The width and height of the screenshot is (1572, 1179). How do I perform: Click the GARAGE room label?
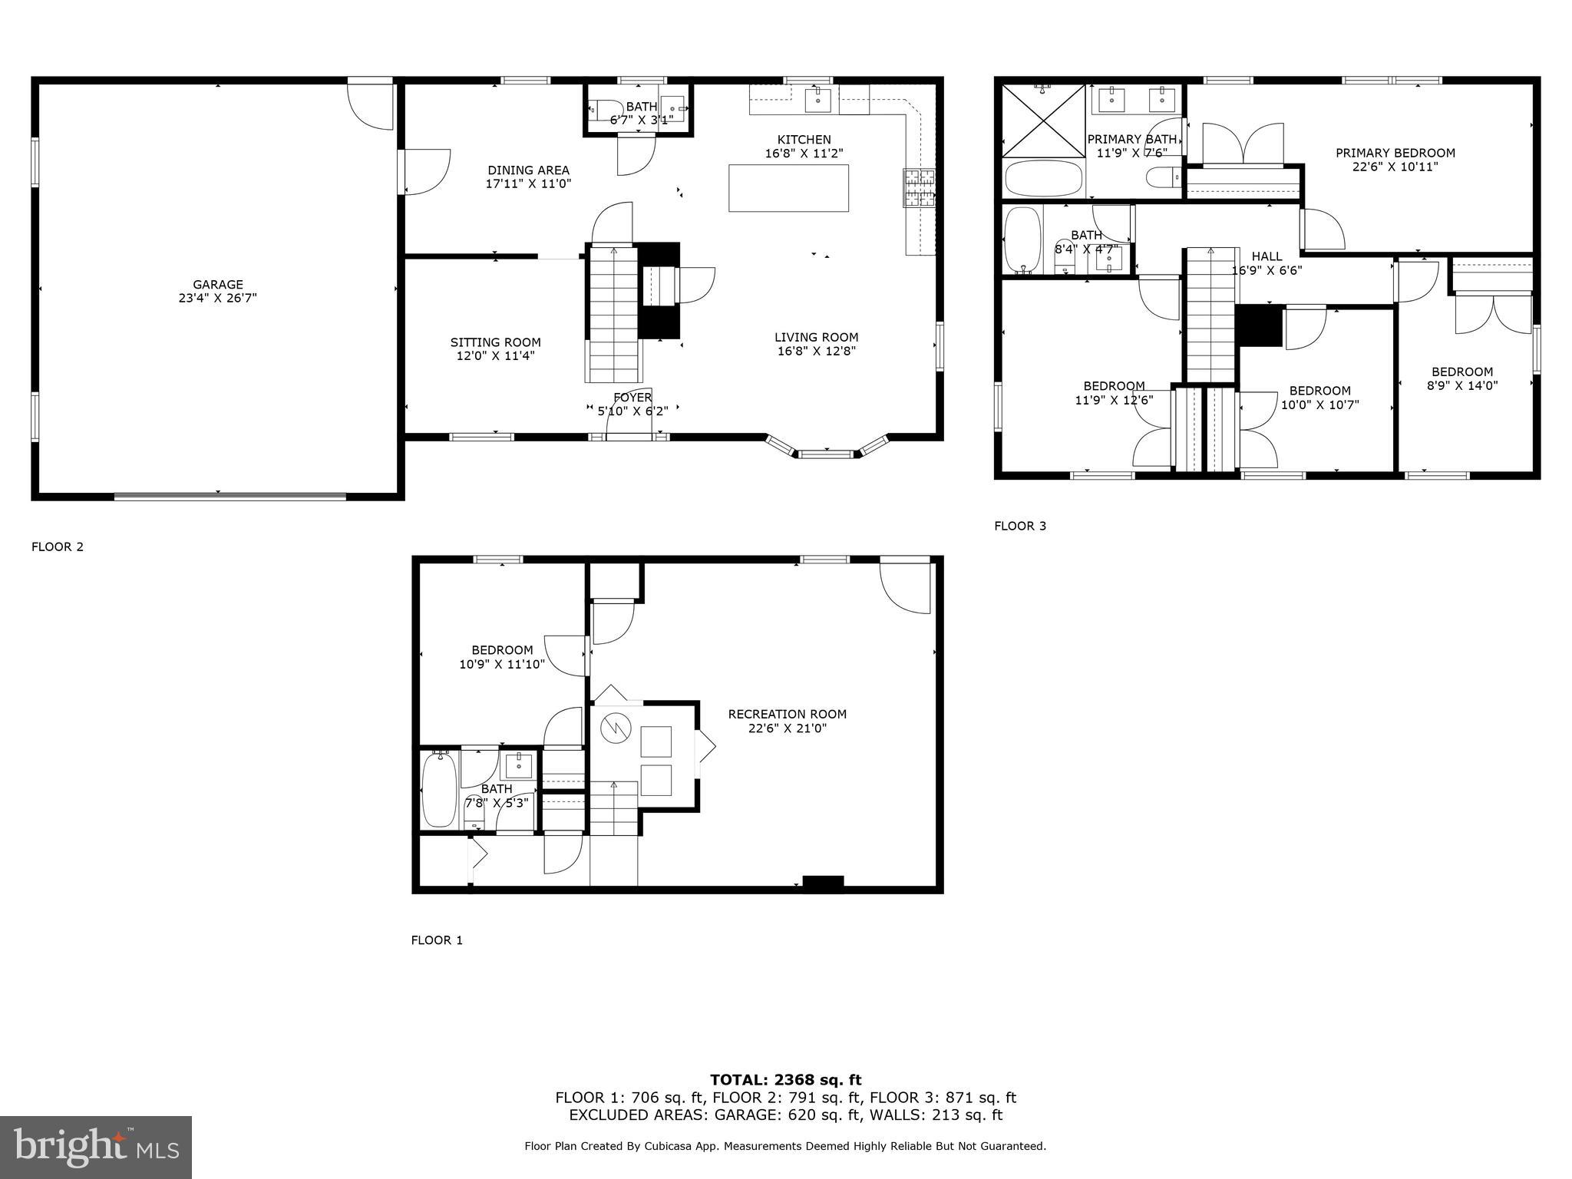click(x=217, y=285)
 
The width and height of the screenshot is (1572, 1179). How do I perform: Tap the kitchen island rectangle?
click(x=788, y=188)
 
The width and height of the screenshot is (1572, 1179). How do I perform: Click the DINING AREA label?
click(x=528, y=170)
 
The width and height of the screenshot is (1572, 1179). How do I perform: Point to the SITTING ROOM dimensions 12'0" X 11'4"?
click(x=495, y=356)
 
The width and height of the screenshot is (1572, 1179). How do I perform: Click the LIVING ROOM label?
click(x=816, y=337)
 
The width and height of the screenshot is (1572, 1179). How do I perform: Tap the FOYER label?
click(x=632, y=398)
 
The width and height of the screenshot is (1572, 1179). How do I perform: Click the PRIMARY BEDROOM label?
click(x=1395, y=153)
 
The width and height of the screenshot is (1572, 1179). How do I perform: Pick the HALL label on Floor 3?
click(x=1267, y=256)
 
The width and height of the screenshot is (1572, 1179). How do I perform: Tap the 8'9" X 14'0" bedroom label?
click(x=1461, y=379)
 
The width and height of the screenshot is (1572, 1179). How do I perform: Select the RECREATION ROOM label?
click(x=787, y=714)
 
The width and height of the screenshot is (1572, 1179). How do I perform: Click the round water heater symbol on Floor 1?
click(x=615, y=728)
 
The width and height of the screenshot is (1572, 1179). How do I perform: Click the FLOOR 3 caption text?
click(x=1020, y=526)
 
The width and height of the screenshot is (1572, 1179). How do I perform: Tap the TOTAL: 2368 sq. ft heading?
click(x=785, y=1080)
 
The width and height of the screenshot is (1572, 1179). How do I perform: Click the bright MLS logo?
click(x=96, y=1147)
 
